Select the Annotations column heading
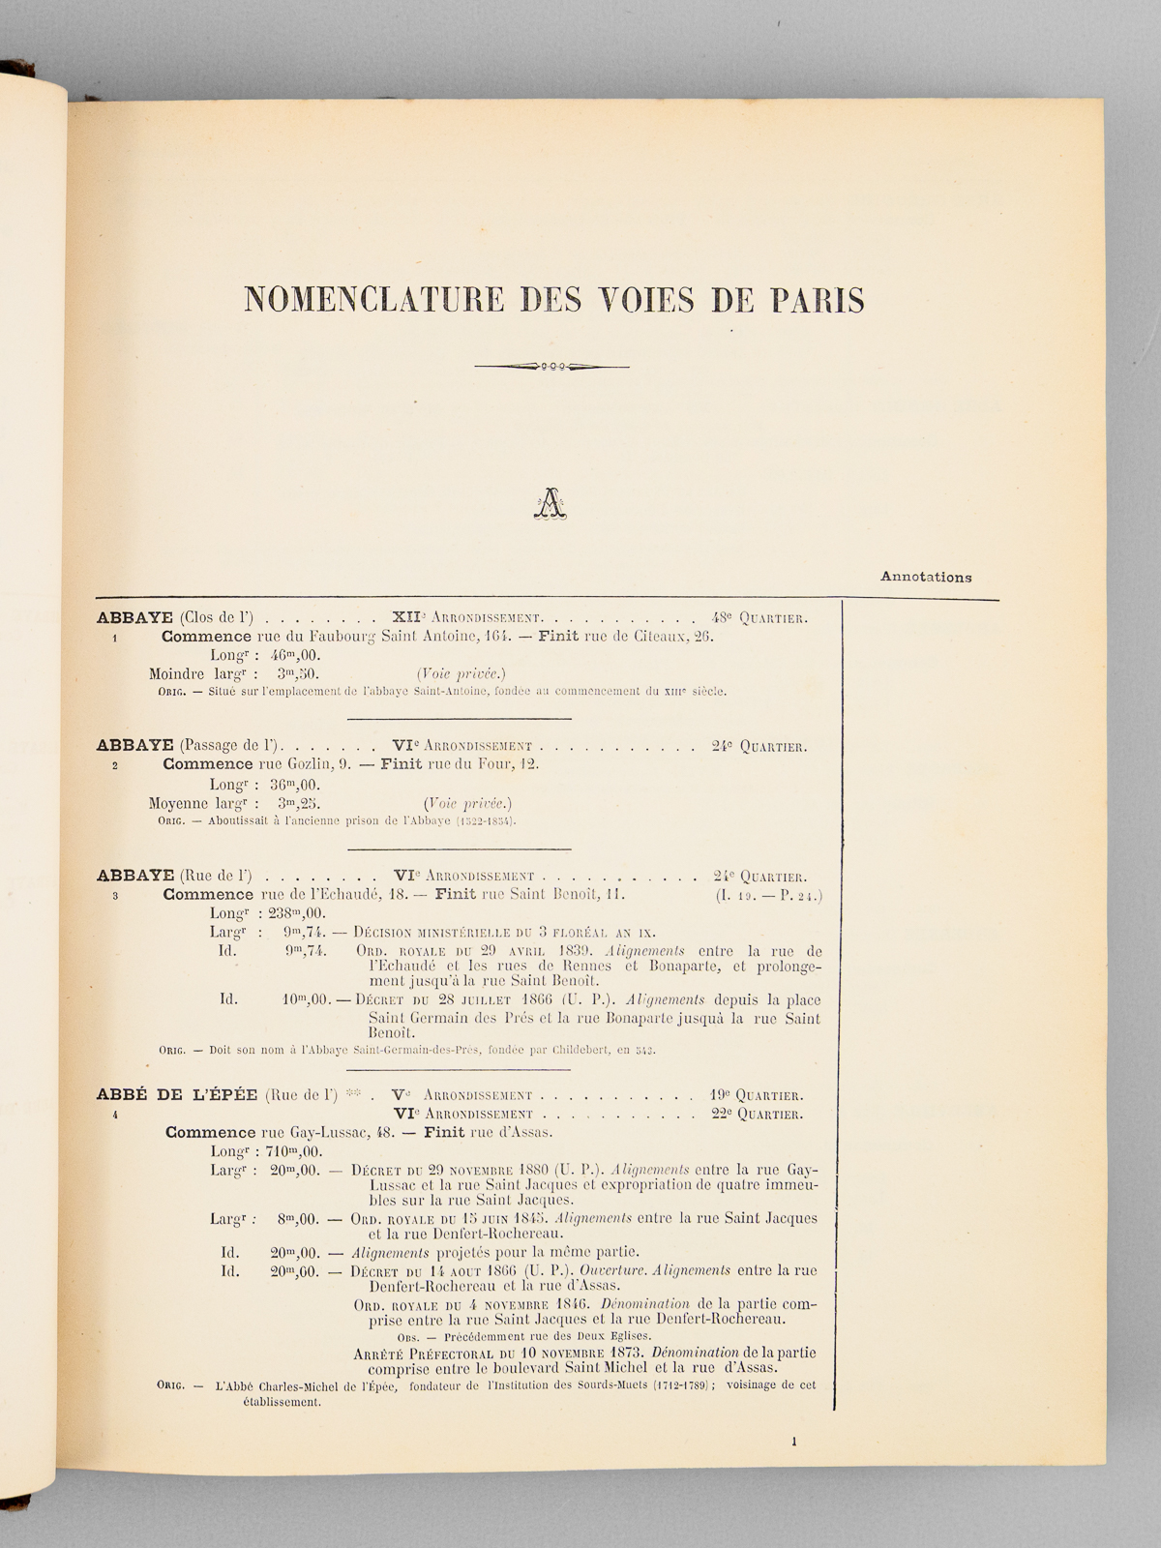point(926,578)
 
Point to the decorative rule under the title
point(552,367)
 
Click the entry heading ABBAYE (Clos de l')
point(175,618)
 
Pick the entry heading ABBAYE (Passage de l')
point(188,746)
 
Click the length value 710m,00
point(291,1151)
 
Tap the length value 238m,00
point(294,913)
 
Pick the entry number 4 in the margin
point(115,1115)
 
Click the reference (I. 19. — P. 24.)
point(769,896)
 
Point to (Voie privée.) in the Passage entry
point(467,803)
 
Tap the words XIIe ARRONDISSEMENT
point(469,618)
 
